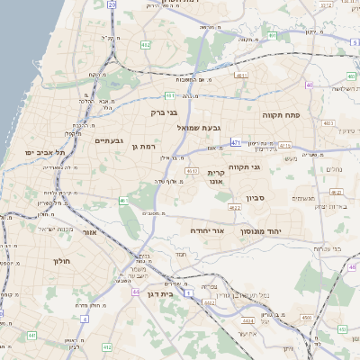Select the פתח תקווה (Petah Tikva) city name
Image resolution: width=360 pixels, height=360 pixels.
click(x=279, y=115)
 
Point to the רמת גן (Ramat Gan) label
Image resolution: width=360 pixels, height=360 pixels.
click(x=144, y=146)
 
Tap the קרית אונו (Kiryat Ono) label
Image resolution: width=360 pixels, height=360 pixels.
click(x=216, y=177)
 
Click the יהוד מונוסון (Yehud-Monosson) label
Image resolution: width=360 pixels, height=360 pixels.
click(x=261, y=231)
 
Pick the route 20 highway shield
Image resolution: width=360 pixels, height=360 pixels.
click(x=112, y=4)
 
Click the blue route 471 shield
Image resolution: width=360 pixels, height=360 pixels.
click(x=235, y=142)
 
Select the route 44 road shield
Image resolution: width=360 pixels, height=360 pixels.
click(x=135, y=292)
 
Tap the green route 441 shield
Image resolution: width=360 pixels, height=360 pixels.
click(x=31, y=335)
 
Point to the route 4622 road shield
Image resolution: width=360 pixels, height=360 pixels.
click(x=235, y=208)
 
